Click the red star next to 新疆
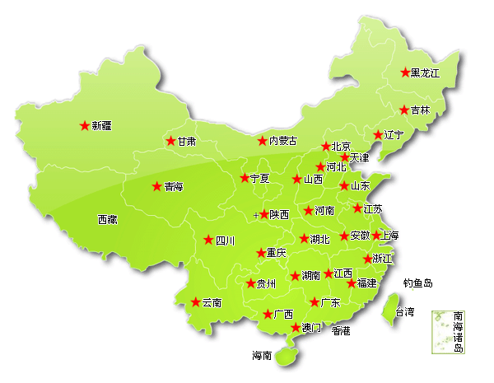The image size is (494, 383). [84, 126]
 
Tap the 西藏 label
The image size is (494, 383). [107, 220]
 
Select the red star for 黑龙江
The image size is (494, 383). [404, 72]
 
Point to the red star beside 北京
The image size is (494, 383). [325, 146]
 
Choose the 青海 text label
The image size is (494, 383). [173, 187]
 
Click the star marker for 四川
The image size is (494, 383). [208, 241]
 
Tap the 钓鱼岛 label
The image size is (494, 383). [417, 283]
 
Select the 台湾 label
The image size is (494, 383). [405, 312]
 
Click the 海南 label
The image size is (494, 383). [262, 357]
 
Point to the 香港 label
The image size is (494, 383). [341, 330]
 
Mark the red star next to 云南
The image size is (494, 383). [195, 302]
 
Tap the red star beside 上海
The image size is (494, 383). [375, 236]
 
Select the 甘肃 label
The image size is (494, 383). [187, 142]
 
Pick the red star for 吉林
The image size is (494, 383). [403, 110]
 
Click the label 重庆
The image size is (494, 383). [276, 253]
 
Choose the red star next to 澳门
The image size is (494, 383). [296, 328]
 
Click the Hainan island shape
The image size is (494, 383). [286, 355]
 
